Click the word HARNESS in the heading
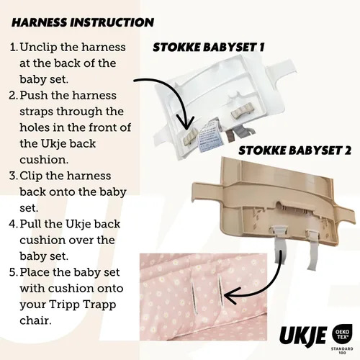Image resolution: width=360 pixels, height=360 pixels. (x=42, y=23)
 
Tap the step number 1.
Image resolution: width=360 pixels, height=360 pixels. (x=14, y=48)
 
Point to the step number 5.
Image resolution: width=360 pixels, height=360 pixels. (x=14, y=272)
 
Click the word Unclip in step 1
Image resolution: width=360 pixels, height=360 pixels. (x=38, y=48)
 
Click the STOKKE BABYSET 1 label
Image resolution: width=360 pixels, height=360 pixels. (x=209, y=48)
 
